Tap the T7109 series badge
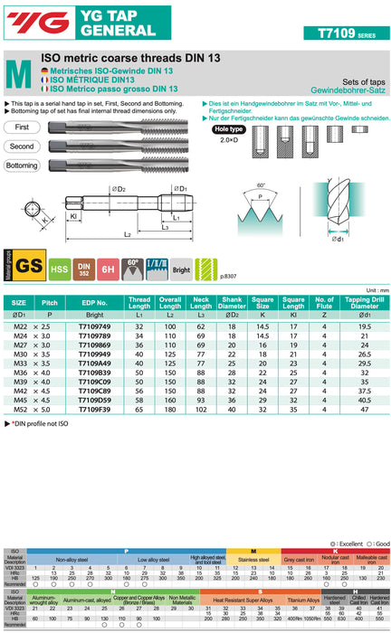coord(348,33)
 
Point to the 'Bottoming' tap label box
coord(23,164)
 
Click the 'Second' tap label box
coord(23,146)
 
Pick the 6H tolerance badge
coord(109,266)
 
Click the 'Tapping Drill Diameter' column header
coord(362,302)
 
